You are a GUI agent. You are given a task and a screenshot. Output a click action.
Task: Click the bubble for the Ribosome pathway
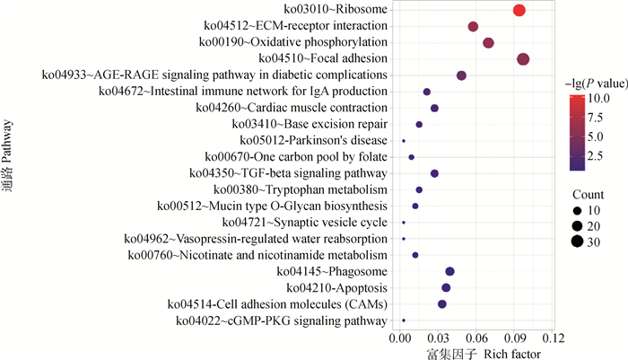519,10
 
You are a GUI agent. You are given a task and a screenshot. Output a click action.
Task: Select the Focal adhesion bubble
523,59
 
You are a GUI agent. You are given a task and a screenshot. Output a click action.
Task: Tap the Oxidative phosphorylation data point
488,43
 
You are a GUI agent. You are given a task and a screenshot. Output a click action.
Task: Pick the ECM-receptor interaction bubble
473,27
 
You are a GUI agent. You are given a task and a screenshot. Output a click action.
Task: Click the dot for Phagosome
449,271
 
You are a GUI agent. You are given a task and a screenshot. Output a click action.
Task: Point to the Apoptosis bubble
446,287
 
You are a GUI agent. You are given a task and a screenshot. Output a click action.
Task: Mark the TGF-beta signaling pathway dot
434,173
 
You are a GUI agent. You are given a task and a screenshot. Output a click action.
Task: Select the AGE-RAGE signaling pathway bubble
461,75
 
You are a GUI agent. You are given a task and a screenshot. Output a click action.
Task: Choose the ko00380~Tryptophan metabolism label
301,189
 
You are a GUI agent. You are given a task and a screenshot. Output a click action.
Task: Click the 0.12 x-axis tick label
554,339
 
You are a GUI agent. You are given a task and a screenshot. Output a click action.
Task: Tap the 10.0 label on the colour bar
599,98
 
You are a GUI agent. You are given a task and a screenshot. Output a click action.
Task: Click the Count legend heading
589,194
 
